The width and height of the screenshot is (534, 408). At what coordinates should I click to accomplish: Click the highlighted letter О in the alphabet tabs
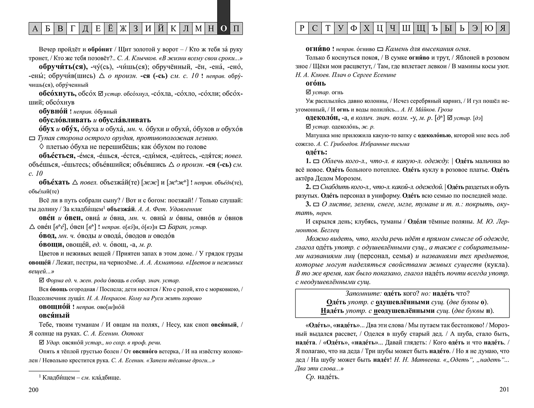point(224,29)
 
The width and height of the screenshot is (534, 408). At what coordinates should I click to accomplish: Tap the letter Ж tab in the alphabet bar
point(123,29)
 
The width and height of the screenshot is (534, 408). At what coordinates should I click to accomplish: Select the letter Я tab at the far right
point(503,28)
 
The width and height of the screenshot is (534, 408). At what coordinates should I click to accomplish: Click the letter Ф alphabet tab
point(354,28)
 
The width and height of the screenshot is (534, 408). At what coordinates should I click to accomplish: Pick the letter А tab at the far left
point(35,29)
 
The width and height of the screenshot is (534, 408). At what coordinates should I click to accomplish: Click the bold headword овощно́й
point(54,307)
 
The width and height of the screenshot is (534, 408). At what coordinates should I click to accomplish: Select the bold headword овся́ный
point(54,315)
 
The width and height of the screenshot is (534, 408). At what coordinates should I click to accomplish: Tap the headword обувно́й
point(53,111)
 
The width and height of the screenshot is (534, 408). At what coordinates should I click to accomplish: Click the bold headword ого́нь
point(315,83)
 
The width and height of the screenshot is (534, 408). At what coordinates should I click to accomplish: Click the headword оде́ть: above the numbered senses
point(316,152)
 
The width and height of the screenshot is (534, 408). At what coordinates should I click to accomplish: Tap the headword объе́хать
point(54,182)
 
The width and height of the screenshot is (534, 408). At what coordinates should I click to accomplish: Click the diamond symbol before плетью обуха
point(42,147)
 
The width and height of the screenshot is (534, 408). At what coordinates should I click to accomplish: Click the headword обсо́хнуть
point(57,93)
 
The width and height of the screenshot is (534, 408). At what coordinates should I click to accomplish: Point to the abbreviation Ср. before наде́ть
point(310,377)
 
